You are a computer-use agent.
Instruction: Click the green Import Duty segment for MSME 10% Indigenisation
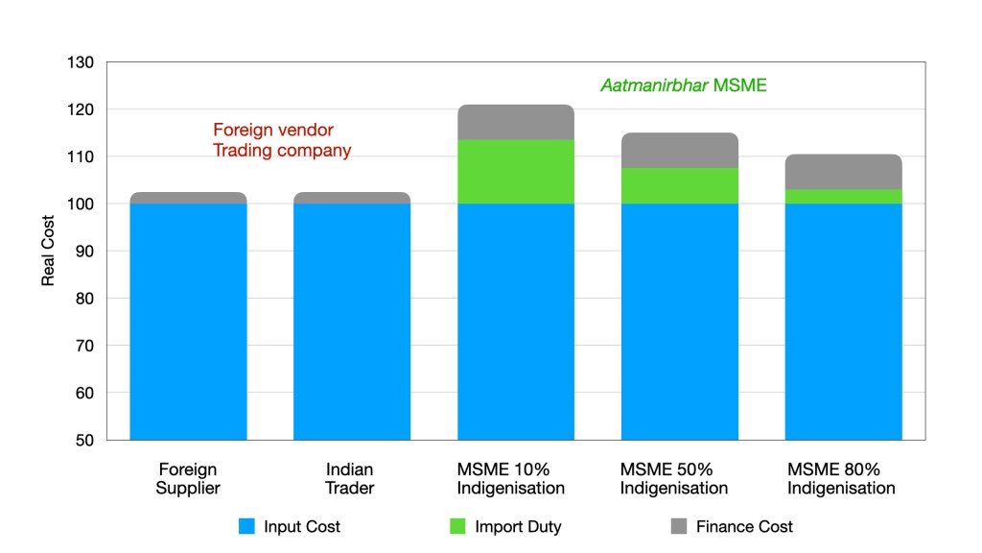516,172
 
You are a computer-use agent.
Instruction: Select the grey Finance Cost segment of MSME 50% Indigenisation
679,150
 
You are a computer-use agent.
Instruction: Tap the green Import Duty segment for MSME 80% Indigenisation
843,196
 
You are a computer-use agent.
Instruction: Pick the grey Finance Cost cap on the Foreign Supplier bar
188,197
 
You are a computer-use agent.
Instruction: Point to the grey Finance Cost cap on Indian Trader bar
352,197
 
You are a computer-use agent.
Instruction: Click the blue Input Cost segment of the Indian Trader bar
352,322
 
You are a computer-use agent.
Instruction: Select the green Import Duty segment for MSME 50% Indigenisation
679,185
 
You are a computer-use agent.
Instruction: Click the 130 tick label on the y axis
81,63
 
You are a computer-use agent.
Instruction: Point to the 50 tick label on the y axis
84,440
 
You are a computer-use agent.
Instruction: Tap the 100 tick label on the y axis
81,204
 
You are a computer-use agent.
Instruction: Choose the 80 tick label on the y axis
84,299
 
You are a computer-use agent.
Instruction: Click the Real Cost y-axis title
48,252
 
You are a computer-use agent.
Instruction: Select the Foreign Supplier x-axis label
188,478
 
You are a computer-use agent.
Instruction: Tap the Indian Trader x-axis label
350,478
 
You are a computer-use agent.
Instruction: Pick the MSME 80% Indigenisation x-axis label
841,478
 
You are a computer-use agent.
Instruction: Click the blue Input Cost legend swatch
246,526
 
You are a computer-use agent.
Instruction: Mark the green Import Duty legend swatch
457,526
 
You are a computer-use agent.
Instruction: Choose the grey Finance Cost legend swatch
677,526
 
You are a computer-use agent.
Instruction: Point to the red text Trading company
281,151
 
